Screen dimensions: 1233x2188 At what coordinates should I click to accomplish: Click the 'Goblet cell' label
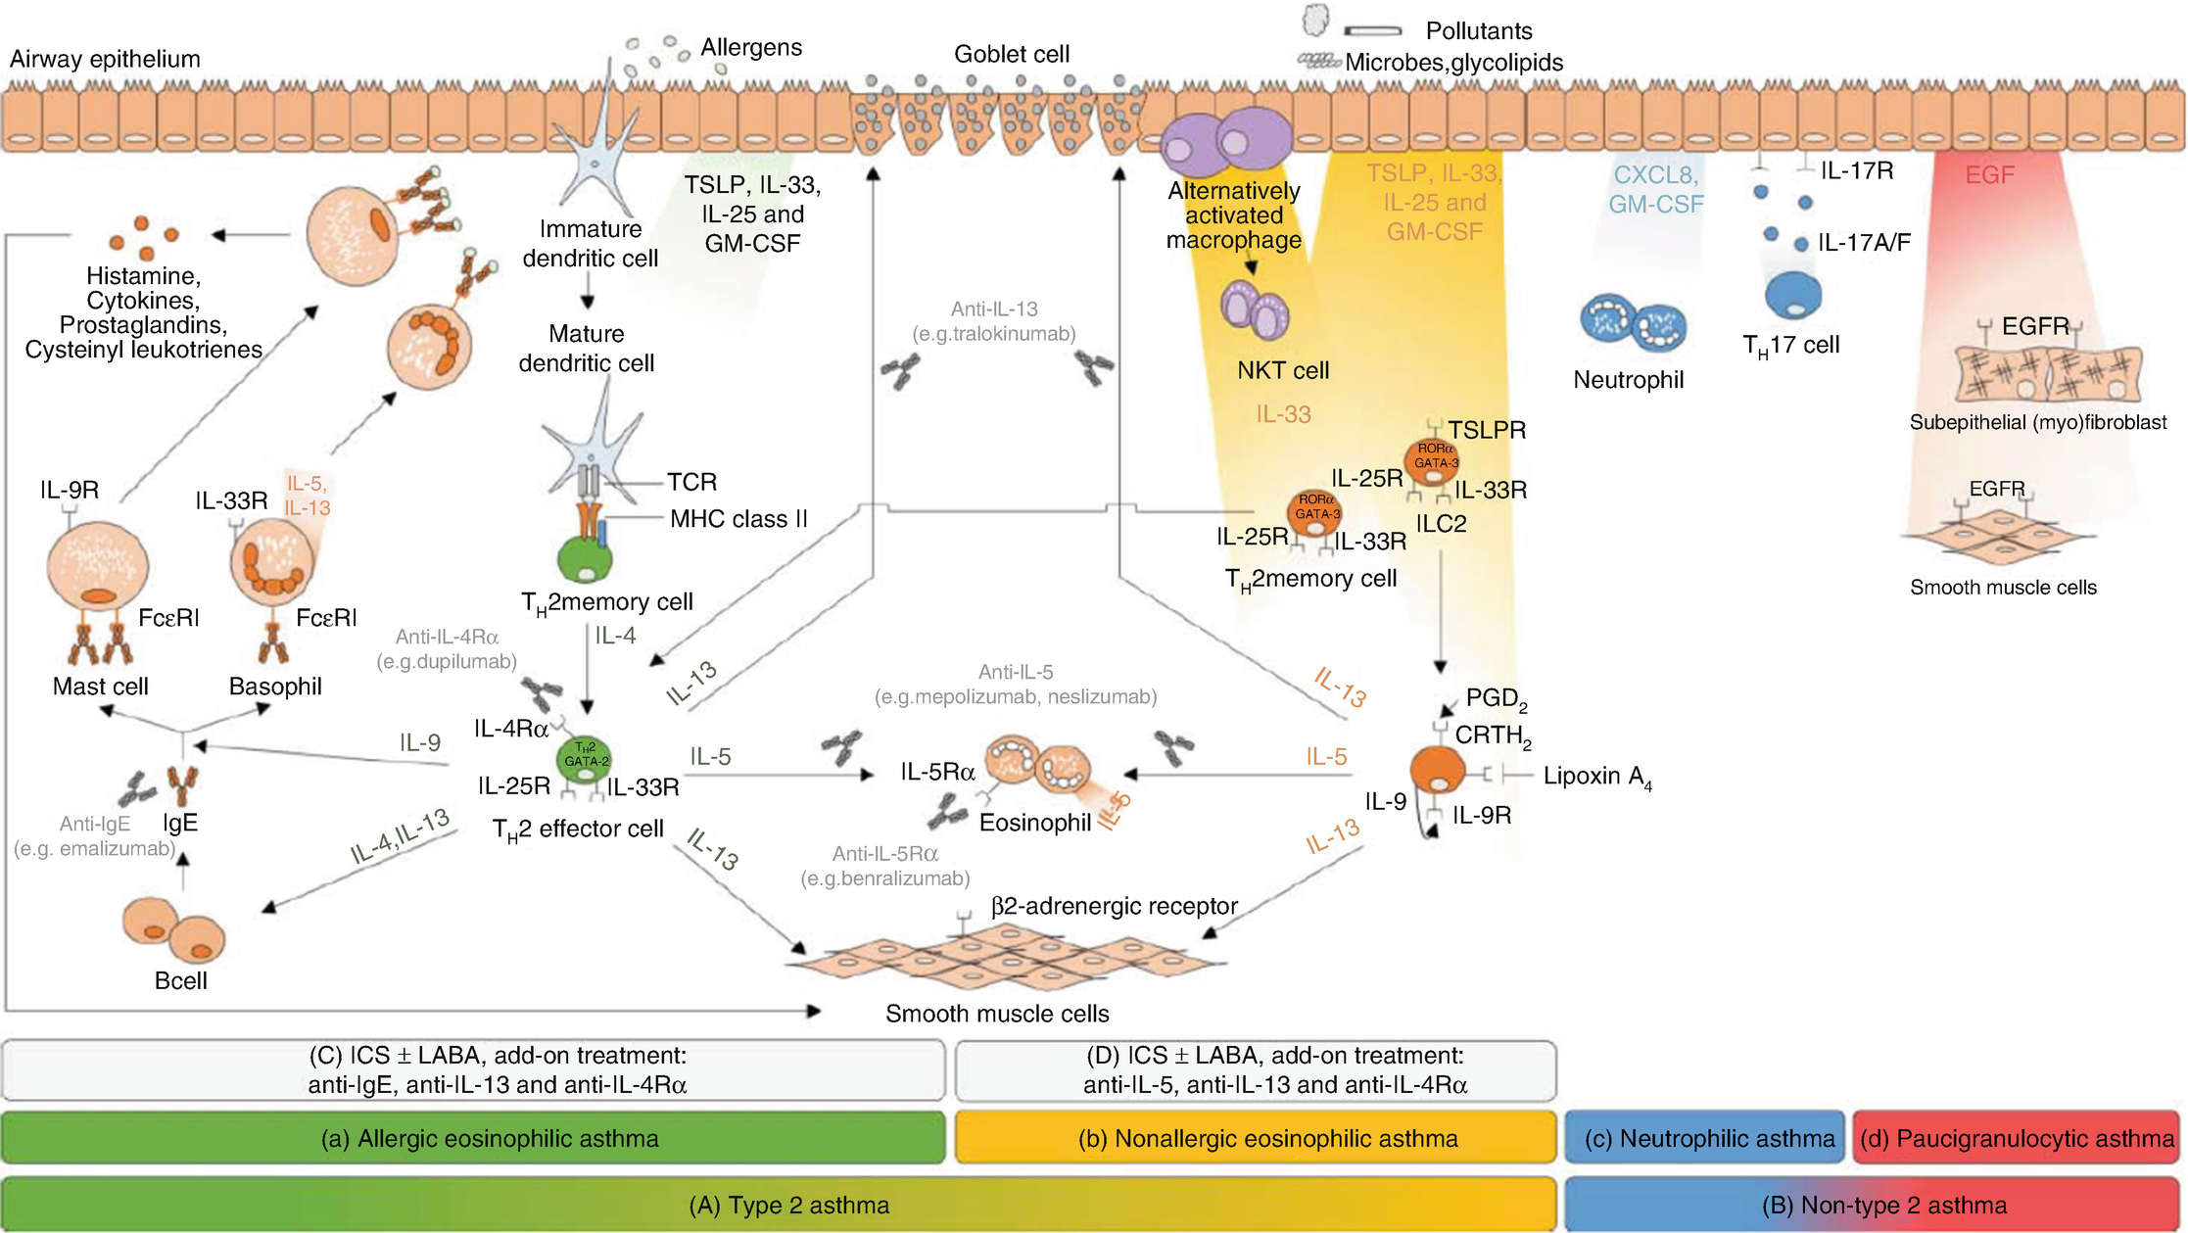pyautogui.click(x=1011, y=54)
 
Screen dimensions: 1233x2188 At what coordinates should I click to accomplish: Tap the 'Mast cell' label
pyautogui.click(x=100, y=687)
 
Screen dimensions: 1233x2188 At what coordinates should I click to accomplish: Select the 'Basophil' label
pyautogui.click(x=275, y=687)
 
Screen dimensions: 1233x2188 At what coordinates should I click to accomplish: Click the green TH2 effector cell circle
pyautogui.click(x=585, y=759)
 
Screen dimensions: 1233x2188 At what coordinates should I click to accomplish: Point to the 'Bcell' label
pyautogui.click(x=181, y=980)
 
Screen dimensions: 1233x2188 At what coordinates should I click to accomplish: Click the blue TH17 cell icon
pyautogui.click(x=1792, y=295)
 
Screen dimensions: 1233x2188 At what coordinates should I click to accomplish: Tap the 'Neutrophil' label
pyautogui.click(x=1628, y=380)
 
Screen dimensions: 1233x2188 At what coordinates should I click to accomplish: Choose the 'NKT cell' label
pyautogui.click(x=1282, y=370)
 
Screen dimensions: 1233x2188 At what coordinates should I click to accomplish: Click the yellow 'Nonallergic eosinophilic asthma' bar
pyautogui.click(x=1256, y=1138)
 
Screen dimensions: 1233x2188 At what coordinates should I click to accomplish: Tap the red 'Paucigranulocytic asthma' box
pyautogui.click(x=2017, y=1138)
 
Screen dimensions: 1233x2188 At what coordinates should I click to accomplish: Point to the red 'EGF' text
pyautogui.click(x=1989, y=175)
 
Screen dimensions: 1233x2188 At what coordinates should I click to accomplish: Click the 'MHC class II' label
pyautogui.click(x=738, y=519)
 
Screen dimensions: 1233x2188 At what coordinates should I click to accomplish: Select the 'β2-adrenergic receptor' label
pyautogui.click(x=1114, y=906)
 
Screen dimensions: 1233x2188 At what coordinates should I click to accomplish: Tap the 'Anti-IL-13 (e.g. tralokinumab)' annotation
pyautogui.click(x=993, y=321)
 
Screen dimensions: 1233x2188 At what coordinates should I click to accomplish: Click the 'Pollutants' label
pyautogui.click(x=1478, y=31)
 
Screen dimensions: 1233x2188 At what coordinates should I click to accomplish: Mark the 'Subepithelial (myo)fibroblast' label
pyautogui.click(x=2037, y=422)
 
